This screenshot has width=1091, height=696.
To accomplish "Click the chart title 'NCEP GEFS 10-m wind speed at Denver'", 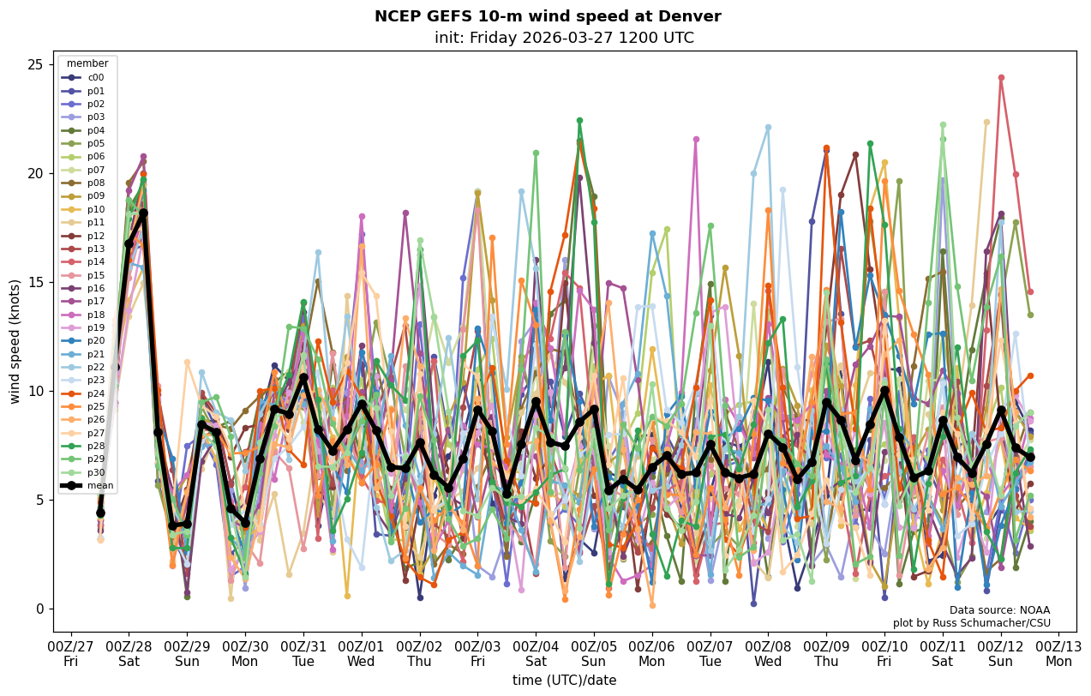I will pyautogui.click(x=548, y=16).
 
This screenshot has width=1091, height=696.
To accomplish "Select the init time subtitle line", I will pyautogui.click(x=564, y=38).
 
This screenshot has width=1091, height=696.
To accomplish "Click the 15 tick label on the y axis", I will pyautogui.click(x=37, y=283).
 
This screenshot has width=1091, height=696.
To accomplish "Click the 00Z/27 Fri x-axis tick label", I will pyautogui.click(x=70, y=654).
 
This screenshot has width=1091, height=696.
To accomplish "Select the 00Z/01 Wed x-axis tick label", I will pyautogui.click(x=361, y=654).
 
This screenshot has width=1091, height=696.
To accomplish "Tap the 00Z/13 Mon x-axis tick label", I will pyautogui.click(x=1058, y=654).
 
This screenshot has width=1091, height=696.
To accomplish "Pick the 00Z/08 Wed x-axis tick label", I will pyautogui.click(x=768, y=654).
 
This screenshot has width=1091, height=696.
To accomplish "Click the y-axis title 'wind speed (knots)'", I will pyautogui.click(x=15, y=341).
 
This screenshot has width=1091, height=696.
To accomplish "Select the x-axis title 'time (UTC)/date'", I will pyautogui.click(x=564, y=681).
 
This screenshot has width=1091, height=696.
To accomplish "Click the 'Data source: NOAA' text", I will pyautogui.click(x=999, y=610).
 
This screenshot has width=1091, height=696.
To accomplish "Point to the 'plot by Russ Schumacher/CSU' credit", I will pyautogui.click(x=971, y=623).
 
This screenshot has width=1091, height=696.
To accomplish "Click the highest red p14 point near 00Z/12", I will pyautogui.click(x=1001, y=78).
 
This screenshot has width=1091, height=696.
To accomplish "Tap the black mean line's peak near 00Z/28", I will pyautogui.click(x=143, y=213).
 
